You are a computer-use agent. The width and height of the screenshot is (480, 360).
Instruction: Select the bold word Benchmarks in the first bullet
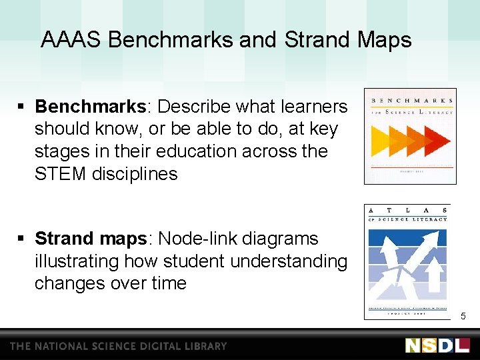[90, 107]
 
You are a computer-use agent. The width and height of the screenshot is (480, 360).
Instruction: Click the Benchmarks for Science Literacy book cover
[410, 136]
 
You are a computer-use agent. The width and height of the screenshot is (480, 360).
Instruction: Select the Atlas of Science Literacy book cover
[407, 261]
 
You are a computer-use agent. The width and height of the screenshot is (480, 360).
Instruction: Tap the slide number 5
[463, 315]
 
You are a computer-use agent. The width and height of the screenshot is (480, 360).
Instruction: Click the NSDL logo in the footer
[437, 345]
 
